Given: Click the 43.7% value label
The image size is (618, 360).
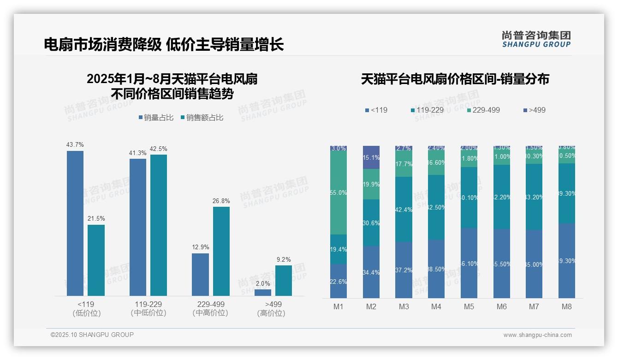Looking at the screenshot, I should coord(75,145).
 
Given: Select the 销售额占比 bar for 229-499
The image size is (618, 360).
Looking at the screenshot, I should coord(221,251).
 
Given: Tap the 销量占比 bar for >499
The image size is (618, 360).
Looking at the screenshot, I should coord(263,293).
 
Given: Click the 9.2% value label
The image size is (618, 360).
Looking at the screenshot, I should coord(284,260).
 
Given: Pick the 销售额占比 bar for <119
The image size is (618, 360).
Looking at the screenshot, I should coord(96,260).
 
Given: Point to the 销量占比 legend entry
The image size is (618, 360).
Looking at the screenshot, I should coord(156,118).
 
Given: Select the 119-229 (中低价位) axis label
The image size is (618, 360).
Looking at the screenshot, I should coord(148,308).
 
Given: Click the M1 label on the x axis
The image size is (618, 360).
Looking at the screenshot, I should coord(339,306).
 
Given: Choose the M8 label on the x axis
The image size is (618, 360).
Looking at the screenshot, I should coord(567,306).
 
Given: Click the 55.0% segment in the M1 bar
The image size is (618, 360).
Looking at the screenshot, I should coord(339,193).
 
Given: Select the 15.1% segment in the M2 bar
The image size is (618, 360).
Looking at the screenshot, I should coord(371,157).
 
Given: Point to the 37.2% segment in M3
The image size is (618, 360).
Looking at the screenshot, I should coord(404,270).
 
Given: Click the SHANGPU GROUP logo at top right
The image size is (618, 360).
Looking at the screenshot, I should coord(536,39).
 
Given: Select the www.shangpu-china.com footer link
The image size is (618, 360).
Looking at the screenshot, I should coord(537,335).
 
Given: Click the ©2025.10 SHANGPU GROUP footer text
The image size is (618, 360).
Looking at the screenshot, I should coord(92,335).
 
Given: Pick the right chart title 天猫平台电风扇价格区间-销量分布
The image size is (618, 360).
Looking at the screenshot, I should coord(455,79).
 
